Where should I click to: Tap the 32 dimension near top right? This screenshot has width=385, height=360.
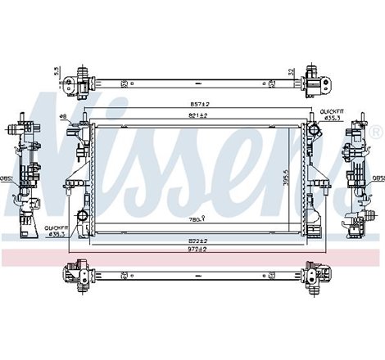point(292,71)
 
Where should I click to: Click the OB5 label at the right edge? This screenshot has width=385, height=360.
point(378,178)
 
